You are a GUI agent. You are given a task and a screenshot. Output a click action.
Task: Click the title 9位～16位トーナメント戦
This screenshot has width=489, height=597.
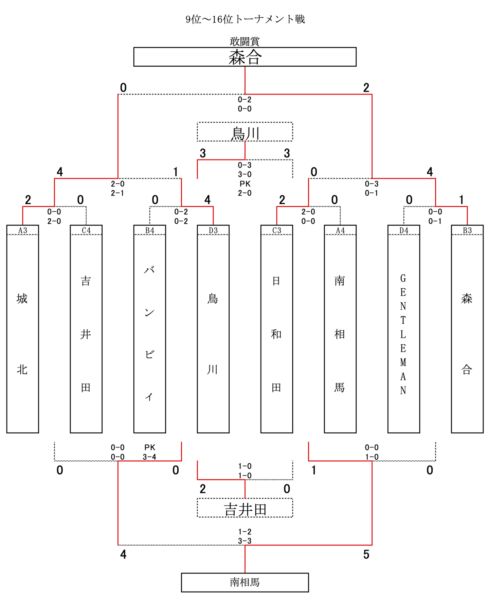245,19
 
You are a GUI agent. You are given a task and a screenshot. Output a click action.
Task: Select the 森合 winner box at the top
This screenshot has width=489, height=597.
245,57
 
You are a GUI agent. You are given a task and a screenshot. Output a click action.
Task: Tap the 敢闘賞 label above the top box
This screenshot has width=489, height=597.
245,41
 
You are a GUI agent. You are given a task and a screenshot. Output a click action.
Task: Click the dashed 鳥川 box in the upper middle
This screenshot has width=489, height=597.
245,132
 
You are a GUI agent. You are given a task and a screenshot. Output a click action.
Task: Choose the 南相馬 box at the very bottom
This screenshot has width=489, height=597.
245,582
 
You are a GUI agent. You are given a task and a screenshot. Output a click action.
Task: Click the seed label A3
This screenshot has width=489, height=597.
23,230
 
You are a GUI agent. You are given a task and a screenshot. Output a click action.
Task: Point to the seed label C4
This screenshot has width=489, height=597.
86,230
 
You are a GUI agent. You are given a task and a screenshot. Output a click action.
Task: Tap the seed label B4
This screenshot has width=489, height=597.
150,230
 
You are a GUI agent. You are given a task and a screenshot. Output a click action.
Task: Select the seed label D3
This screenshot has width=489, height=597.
213,230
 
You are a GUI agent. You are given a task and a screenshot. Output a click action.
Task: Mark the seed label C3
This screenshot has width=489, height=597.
277,230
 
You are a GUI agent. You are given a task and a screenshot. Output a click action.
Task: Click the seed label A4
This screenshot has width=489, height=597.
340,230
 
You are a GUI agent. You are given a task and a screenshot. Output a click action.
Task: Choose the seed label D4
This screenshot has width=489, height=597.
404,230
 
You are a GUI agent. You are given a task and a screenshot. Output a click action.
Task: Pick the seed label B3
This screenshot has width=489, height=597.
467,230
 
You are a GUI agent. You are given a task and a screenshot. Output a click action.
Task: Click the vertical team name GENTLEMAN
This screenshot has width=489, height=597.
403,334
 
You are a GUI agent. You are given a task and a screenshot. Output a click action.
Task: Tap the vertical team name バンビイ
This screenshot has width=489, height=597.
149,333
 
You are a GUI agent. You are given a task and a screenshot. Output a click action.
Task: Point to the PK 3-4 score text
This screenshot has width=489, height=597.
150,452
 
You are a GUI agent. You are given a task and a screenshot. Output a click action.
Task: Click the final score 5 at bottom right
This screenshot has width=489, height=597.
366,555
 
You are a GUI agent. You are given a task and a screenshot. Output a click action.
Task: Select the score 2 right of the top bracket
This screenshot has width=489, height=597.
366,88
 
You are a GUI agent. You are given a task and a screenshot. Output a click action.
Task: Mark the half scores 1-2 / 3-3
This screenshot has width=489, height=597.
245,536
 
